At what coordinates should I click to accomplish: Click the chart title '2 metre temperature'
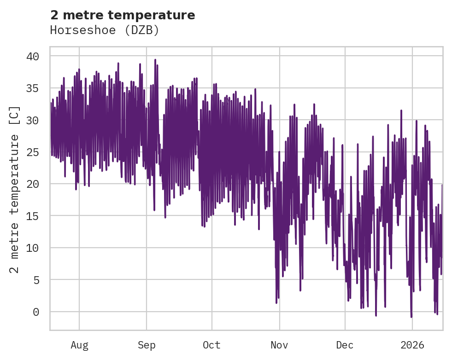point(123,15)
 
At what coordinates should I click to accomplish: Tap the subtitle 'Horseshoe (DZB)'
point(105,30)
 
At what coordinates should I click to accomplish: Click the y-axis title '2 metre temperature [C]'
point(15,189)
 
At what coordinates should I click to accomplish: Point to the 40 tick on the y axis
point(33,56)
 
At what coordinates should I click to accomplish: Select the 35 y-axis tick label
point(33,88)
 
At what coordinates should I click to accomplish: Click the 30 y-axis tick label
point(33,120)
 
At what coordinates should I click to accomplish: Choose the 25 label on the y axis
point(33,152)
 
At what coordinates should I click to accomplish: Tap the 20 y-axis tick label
point(33,184)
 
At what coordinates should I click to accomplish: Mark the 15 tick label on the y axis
point(33,216)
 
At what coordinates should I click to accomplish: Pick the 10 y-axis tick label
point(33,248)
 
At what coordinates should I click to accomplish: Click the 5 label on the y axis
point(36,279)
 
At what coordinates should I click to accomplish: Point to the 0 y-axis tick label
point(36,312)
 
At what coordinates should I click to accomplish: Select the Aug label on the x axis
point(79,345)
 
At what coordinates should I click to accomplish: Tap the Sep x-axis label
point(147,345)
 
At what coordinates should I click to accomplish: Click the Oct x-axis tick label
point(212,345)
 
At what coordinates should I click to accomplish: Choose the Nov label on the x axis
point(279,345)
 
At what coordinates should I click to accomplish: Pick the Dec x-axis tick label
point(345,345)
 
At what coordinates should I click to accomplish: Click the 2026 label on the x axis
point(412,345)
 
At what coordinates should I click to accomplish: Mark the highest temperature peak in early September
point(155,60)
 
